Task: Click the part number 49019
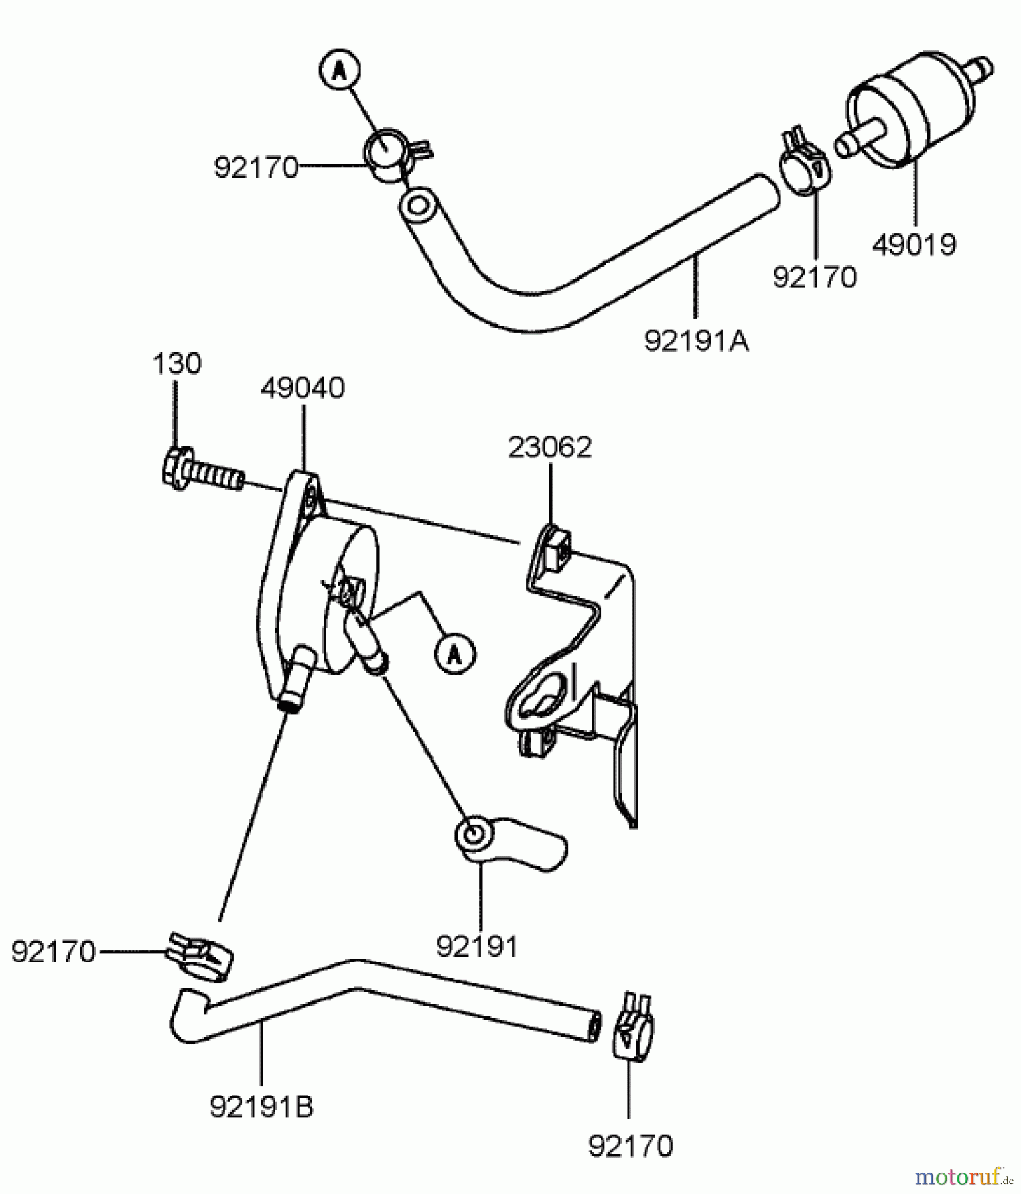[914, 245]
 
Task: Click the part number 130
[177, 364]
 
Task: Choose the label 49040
[303, 388]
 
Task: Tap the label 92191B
[261, 1106]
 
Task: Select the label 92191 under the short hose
[477, 947]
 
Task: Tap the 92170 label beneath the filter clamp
[815, 277]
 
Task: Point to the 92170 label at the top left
[256, 168]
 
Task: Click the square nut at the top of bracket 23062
[554, 539]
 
